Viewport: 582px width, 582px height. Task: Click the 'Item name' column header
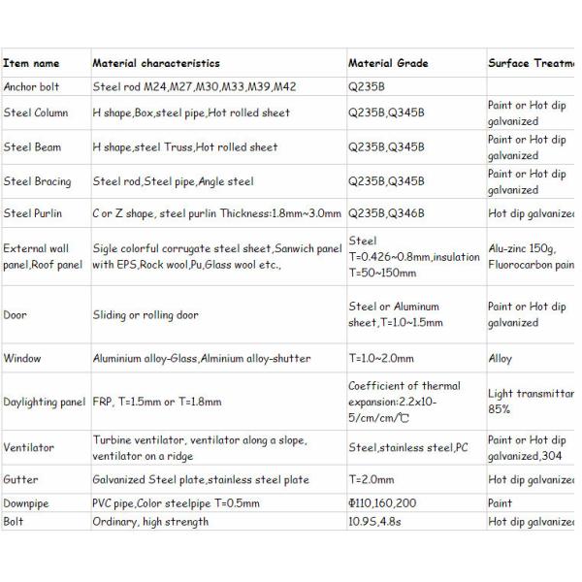(31, 64)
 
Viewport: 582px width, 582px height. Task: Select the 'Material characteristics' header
(156, 64)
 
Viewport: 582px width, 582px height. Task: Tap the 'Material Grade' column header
(388, 64)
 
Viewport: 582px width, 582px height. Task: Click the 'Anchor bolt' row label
(32, 86)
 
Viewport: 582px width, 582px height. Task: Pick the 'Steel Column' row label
(36, 113)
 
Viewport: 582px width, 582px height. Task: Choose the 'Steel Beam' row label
(32, 147)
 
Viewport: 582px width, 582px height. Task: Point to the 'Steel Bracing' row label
(37, 181)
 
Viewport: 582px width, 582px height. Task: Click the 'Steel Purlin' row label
(34, 213)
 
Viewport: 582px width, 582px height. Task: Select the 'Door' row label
(16, 315)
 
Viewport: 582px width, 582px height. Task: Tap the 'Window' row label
(22, 359)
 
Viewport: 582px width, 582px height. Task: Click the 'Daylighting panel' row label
(45, 402)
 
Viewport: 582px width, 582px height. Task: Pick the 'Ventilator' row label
(28, 448)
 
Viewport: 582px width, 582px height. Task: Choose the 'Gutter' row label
(21, 480)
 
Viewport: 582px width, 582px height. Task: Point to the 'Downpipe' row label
(26, 504)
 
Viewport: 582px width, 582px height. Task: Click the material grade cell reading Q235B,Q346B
(386, 213)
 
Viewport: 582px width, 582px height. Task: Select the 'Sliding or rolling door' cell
(145, 315)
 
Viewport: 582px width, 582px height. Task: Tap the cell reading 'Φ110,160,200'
(382, 504)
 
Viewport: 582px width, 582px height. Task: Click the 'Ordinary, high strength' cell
(150, 522)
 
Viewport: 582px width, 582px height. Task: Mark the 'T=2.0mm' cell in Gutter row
(372, 480)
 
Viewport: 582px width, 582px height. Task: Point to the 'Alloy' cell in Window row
(501, 359)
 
